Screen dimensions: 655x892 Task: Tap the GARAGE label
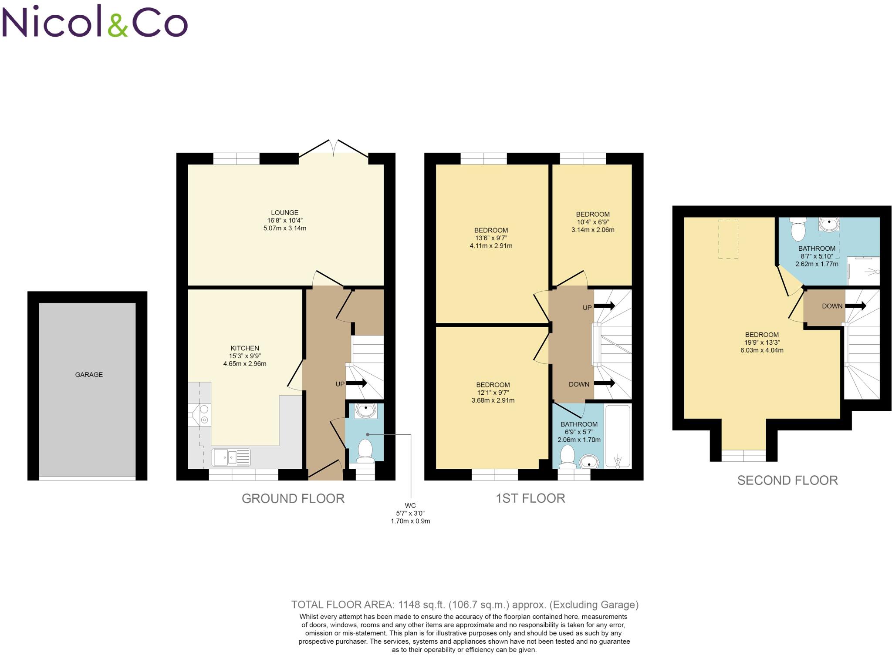pos(89,375)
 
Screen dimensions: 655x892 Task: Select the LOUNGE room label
pos(284,213)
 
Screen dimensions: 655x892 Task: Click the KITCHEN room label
pos(245,348)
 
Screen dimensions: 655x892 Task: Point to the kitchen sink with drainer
pos(231,457)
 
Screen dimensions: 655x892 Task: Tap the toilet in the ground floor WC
pos(365,450)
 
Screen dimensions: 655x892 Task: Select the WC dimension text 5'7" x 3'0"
pos(410,514)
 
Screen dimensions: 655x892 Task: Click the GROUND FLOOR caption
pos(293,499)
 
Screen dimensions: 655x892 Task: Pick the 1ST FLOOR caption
pos(530,498)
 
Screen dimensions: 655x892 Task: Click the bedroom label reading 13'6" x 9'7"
pos(491,238)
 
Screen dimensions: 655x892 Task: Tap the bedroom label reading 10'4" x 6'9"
pos(593,222)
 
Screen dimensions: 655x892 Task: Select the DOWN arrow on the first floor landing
pos(604,383)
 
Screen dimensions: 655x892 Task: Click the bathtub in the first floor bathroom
pos(618,436)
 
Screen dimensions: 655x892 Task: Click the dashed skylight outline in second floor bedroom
pos(728,239)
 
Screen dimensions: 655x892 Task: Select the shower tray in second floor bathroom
pos(863,271)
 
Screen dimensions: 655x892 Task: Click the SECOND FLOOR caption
pos(787,480)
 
